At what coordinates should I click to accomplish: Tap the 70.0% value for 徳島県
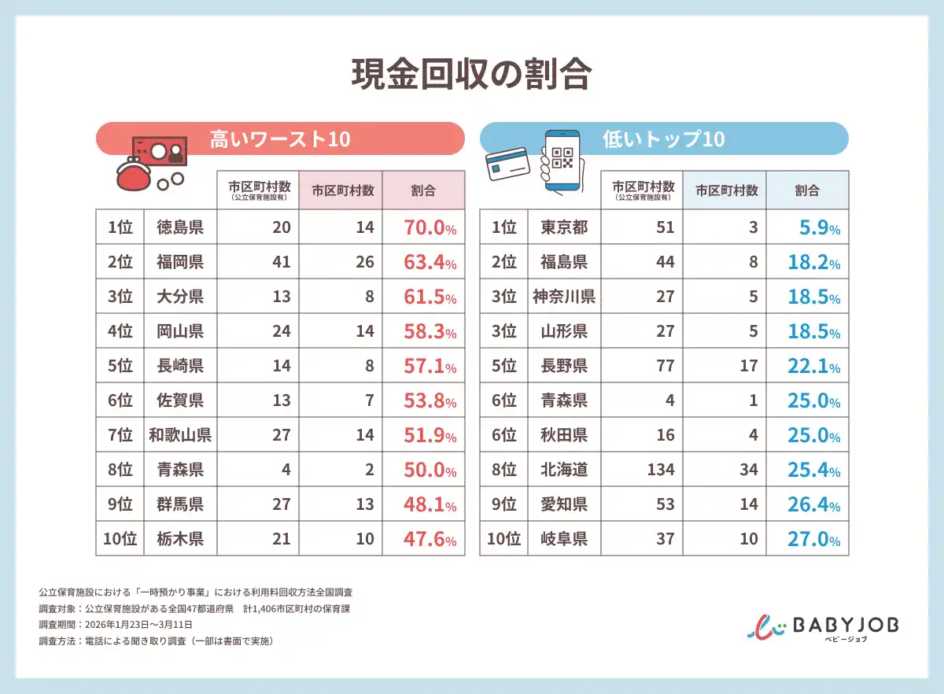tap(430, 228)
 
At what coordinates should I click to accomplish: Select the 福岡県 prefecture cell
tap(180, 262)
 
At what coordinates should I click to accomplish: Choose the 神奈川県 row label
tap(564, 297)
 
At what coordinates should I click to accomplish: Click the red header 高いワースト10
tap(279, 139)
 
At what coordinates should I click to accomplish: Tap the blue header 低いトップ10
tap(662, 139)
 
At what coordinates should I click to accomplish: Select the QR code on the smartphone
tap(563, 157)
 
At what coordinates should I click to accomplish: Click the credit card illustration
tap(508, 164)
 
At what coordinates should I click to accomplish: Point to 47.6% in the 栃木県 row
tap(430, 539)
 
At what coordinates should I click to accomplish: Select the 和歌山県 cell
tap(180, 435)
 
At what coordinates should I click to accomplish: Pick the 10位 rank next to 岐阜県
tap(503, 539)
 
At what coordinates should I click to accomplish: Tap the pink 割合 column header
tap(423, 190)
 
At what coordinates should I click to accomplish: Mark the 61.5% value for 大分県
tap(430, 297)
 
